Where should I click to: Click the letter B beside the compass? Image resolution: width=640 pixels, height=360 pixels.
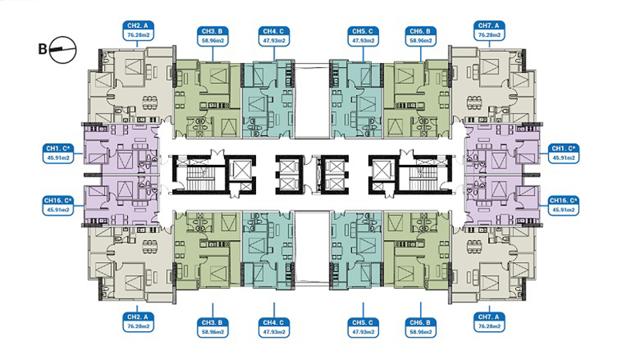pos(42,50)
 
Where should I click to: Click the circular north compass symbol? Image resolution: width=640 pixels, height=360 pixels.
pos(63,50)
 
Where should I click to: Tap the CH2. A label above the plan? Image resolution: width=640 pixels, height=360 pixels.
pos(138,30)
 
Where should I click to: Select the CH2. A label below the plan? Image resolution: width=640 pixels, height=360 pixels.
pos(138,322)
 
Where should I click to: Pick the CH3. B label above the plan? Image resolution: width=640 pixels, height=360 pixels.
pos(212,36)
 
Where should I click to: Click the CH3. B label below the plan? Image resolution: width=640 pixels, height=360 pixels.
pos(212,327)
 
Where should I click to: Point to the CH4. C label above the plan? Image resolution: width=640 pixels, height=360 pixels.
pos(274,36)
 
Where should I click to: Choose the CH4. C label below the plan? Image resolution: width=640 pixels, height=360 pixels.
pos(274,327)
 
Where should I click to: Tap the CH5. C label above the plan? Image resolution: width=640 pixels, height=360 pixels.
pos(363,36)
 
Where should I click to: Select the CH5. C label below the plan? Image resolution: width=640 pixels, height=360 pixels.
pos(363,327)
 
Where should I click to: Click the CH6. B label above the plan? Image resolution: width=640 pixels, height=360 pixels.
pos(421,36)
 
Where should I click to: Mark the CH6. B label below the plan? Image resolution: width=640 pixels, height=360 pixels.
pos(421,327)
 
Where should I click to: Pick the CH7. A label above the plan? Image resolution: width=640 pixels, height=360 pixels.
pos(489,30)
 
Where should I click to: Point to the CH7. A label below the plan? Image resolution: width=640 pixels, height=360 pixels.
pos(489,322)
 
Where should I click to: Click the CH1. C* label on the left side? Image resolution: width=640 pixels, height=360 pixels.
pos(58,153)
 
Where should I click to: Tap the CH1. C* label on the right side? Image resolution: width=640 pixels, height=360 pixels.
pos(563,153)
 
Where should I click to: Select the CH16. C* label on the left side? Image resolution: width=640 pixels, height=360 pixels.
pos(58,206)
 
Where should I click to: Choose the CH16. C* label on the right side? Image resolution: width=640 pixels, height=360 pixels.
pos(563,206)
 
